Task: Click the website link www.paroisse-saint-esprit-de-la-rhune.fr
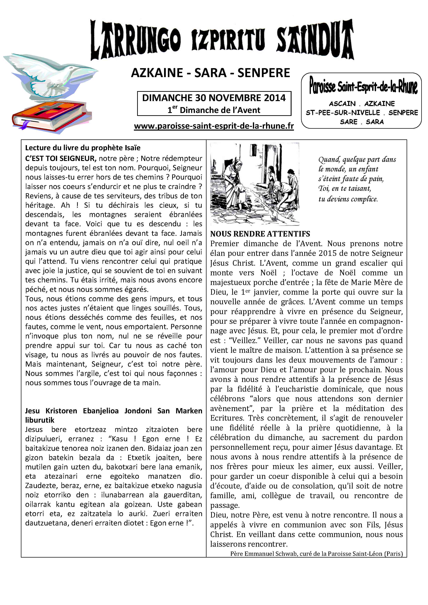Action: point(214,126)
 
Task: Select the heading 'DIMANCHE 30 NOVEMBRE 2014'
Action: point(214,98)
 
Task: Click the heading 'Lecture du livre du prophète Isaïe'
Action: point(83,148)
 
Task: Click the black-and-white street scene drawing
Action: point(255,184)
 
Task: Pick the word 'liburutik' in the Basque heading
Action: point(40,420)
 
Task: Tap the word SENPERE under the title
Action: point(264,73)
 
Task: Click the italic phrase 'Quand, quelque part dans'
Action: point(357,159)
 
